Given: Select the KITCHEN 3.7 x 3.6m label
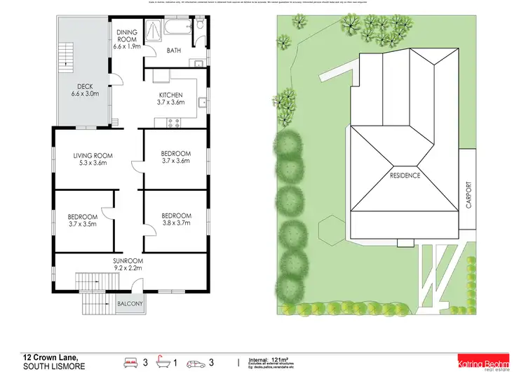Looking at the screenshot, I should (x=171, y=98).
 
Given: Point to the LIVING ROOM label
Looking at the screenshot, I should (x=93, y=159).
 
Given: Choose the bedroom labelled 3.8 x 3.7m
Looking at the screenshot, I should (x=175, y=220).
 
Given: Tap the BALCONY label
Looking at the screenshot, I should (x=130, y=304).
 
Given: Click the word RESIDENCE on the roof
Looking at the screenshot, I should (x=405, y=175).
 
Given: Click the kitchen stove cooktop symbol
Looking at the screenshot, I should (x=173, y=124).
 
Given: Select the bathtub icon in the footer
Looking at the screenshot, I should (x=163, y=343).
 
